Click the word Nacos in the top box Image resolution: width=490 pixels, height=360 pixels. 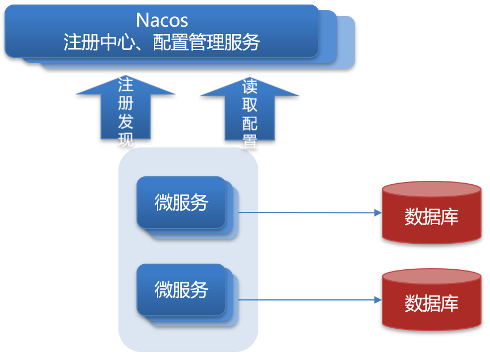[x=162, y=20]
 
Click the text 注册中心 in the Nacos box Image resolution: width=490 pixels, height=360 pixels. [x=99, y=42]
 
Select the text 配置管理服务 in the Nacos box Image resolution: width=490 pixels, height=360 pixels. [x=206, y=42]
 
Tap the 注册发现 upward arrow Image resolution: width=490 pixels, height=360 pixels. [x=126, y=107]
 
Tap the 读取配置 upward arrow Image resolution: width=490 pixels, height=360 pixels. [x=250, y=109]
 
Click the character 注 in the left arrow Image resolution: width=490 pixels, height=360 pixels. [x=126, y=85]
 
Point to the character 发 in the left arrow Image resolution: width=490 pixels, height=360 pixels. [x=126, y=121]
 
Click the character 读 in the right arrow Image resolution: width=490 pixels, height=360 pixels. [x=250, y=87]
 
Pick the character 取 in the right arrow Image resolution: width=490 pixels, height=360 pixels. [x=250, y=105]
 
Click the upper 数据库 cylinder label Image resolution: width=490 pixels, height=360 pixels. [x=432, y=217]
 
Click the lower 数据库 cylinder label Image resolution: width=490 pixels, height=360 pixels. [x=432, y=303]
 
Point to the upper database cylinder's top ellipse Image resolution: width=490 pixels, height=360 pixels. [x=432, y=189]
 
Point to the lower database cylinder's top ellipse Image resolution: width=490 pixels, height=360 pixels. [x=432, y=277]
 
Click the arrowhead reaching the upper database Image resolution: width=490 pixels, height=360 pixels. [x=378, y=213]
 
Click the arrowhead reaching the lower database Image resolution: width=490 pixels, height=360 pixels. [x=378, y=300]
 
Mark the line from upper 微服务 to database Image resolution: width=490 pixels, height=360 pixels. [x=310, y=213]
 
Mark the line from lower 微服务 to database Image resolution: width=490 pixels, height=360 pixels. [x=310, y=300]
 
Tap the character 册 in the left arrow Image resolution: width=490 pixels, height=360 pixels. [x=126, y=103]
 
